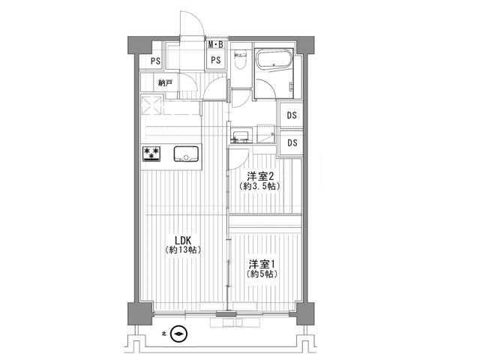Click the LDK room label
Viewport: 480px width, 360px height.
(x=183, y=240)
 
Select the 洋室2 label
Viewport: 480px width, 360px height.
(x=260, y=176)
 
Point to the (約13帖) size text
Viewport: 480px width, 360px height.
(x=183, y=250)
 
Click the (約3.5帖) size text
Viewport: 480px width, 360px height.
(x=260, y=186)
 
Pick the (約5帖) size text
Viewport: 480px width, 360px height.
(x=262, y=274)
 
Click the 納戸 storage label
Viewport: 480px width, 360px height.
(x=165, y=82)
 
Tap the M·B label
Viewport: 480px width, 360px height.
(x=216, y=45)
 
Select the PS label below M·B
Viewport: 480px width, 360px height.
(x=216, y=60)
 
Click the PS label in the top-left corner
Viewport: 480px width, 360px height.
(x=155, y=61)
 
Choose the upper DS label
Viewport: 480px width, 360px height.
(x=292, y=115)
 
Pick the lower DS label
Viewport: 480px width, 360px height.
(x=292, y=142)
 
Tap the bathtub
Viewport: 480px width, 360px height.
(x=274, y=58)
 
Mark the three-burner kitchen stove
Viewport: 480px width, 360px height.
(x=151, y=154)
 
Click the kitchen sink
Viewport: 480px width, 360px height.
(x=186, y=154)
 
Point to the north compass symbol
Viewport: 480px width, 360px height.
(x=178, y=334)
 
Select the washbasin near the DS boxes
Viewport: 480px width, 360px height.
(x=240, y=136)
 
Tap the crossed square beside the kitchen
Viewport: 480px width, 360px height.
(x=151, y=105)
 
